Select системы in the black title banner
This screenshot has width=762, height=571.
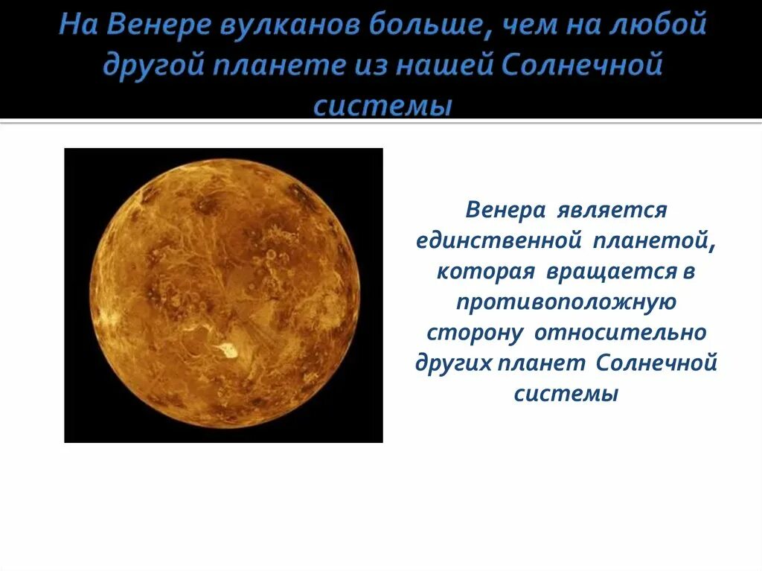click(x=382, y=104)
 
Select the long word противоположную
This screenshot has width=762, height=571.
click(x=566, y=302)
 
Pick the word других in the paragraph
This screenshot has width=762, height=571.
click(x=456, y=363)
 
